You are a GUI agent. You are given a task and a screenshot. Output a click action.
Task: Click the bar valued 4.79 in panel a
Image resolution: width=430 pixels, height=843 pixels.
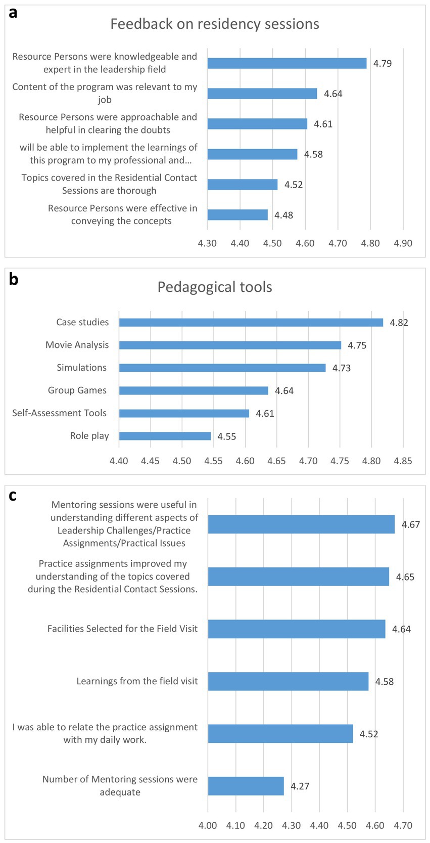point(286,63)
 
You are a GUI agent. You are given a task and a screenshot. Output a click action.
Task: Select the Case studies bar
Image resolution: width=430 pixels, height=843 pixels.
point(251,323)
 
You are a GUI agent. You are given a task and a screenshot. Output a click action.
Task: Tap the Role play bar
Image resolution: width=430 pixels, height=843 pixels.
point(165,436)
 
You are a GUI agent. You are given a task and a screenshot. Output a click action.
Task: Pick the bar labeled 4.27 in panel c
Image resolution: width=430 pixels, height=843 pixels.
point(246,786)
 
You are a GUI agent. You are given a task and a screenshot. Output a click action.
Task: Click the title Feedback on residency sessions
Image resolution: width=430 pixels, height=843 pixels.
point(215,24)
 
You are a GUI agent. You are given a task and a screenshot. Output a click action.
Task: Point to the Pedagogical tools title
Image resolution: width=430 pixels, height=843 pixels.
point(215,287)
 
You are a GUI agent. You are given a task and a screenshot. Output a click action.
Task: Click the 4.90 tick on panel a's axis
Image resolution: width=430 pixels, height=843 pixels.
point(403,243)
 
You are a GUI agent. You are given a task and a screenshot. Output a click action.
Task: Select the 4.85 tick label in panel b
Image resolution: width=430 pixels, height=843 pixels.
point(403,461)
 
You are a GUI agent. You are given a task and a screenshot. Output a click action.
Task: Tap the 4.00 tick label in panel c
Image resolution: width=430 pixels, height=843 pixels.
point(208,825)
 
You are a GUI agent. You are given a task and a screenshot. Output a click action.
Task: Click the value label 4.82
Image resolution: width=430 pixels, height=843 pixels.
point(399,323)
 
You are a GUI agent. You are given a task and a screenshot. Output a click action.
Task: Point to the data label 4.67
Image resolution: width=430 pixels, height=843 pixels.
point(411,524)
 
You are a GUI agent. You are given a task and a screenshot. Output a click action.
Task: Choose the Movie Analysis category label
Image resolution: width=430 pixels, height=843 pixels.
point(77,345)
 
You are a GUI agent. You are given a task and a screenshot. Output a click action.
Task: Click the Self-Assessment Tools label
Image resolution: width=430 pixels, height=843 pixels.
point(59,413)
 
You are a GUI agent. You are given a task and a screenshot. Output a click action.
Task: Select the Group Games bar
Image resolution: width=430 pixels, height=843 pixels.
point(194,390)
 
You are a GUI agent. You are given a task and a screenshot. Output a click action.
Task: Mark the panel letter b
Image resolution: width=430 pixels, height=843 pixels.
point(14,279)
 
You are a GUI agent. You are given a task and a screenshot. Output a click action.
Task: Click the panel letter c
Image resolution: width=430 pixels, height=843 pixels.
point(13,496)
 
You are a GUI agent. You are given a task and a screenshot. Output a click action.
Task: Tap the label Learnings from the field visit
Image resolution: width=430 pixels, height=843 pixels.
point(137,681)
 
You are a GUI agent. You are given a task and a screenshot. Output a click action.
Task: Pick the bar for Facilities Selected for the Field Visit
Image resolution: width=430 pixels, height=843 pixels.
point(297,629)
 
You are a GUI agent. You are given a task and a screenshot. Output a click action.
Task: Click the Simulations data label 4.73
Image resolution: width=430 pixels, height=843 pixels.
point(342,368)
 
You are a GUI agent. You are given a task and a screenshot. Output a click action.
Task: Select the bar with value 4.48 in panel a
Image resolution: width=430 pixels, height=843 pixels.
point(237,215)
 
